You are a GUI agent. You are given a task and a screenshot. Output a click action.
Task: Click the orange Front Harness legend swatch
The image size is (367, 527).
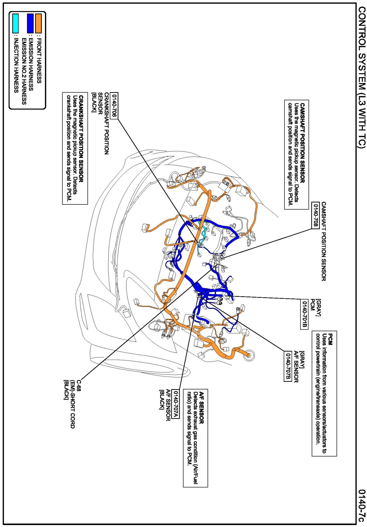tap(39, 23)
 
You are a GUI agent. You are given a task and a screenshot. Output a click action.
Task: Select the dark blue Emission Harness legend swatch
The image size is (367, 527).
tap(30, 23)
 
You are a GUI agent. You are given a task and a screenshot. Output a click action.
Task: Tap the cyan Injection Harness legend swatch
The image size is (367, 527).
tap(15, 23)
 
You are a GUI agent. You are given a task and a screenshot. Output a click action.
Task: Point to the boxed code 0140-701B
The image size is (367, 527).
tap(304, 314)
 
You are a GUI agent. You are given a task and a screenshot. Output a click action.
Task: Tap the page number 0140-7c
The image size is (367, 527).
tap(361, 505)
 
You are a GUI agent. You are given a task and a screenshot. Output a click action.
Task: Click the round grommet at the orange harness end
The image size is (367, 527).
tap(249, 355)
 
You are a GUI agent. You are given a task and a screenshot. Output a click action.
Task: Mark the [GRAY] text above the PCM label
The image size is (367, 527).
tap(318, 307)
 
